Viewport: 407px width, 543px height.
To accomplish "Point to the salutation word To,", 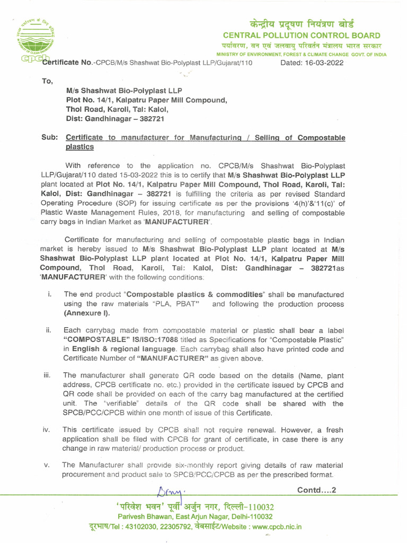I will (x=47, y=81).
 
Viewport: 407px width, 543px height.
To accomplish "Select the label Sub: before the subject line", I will (x=49, y=138).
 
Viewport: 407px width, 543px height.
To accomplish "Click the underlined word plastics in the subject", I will (x=79, y=147).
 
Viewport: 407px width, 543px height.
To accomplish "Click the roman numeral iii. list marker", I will (x=47, y=375).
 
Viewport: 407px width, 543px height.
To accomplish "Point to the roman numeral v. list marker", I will (x=47, y=465).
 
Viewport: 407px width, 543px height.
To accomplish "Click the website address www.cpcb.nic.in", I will (x=277, y=527).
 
